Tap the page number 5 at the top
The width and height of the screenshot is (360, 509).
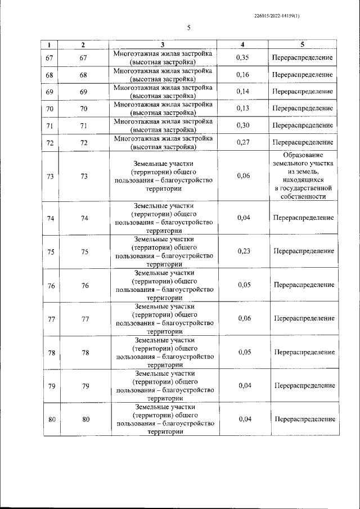[x=188, y=27]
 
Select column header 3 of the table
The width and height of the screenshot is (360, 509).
[x=162, y=44]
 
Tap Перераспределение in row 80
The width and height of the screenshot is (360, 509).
[x=305, y=419]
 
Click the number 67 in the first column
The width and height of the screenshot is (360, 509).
[x=51, y=58]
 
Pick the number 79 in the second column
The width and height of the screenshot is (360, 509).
[x=85, y=386]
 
